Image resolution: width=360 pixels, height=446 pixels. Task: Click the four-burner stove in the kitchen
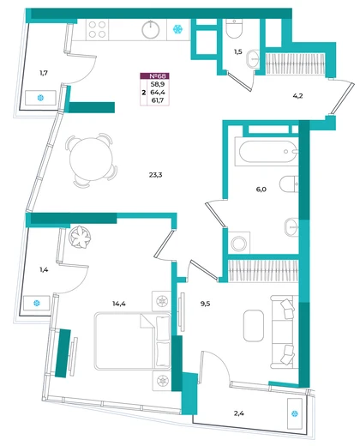[97, 30]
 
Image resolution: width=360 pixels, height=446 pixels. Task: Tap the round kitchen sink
[151, 29]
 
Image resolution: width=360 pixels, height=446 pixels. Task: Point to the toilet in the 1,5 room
[234, 28]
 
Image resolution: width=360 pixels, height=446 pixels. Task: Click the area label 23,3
[155, 175]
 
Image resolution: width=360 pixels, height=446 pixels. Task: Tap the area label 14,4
[119, 304]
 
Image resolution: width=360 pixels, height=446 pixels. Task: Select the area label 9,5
[205, 304]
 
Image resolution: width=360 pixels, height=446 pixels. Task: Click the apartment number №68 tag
[154, 76]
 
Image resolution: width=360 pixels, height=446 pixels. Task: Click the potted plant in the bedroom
[80, 238]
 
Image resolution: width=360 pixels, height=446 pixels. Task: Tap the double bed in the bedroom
[133, 341]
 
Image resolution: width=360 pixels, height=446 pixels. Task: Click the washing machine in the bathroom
[239, 243]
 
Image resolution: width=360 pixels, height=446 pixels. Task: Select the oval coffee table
[254, 326]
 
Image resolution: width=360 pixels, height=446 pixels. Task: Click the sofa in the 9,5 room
[283, 332]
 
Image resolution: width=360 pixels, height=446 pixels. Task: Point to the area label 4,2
[297, 96]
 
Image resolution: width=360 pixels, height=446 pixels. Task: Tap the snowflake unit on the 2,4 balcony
[295, 413]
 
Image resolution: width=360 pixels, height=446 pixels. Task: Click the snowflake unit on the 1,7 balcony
[40, 98]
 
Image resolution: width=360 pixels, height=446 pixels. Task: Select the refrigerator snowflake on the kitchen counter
[178, 29]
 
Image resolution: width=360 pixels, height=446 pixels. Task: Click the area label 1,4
[44, 269]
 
